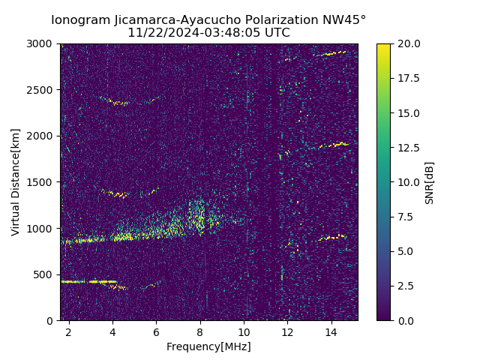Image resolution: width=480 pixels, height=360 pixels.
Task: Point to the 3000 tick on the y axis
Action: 41,44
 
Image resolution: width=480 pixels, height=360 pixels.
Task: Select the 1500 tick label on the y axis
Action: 41,182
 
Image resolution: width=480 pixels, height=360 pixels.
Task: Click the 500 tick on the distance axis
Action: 44,274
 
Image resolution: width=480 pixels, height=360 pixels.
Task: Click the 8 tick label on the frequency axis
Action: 200,331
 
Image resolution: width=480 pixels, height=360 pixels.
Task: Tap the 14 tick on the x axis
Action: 331,331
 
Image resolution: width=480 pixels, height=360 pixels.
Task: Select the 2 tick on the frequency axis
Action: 69,331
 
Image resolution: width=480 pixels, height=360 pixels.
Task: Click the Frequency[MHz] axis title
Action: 208,346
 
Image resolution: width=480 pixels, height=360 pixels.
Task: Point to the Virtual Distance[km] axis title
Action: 16,182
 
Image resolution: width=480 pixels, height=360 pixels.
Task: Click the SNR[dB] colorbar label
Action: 430,182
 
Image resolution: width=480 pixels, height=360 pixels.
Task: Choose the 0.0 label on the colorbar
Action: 405,320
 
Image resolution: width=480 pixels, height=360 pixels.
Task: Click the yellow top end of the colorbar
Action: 383,46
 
